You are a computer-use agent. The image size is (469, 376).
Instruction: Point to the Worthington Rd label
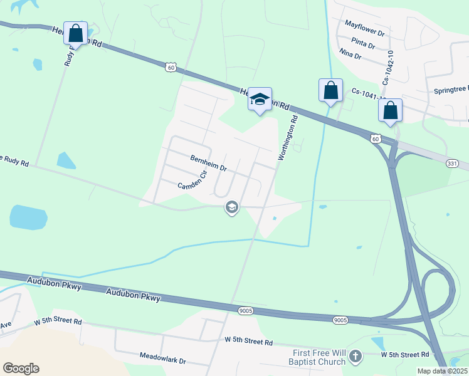(287, 138)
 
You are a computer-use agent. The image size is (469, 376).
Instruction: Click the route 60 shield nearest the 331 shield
(375, 138)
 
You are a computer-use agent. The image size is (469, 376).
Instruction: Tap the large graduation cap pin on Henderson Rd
(260, 100)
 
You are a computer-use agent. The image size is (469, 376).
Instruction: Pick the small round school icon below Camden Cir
(232, 207)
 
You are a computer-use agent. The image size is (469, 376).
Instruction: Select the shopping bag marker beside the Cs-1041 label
(330, 90)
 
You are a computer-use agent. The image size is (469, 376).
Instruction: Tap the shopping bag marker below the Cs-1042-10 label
(390, 111)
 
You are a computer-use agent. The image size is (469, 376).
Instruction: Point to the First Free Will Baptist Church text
(317, 357)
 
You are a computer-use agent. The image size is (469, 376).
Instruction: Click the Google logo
(21, 368)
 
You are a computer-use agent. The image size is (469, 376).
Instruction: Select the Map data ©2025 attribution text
(442, 371)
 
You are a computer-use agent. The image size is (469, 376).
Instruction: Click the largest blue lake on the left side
(28, 217)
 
